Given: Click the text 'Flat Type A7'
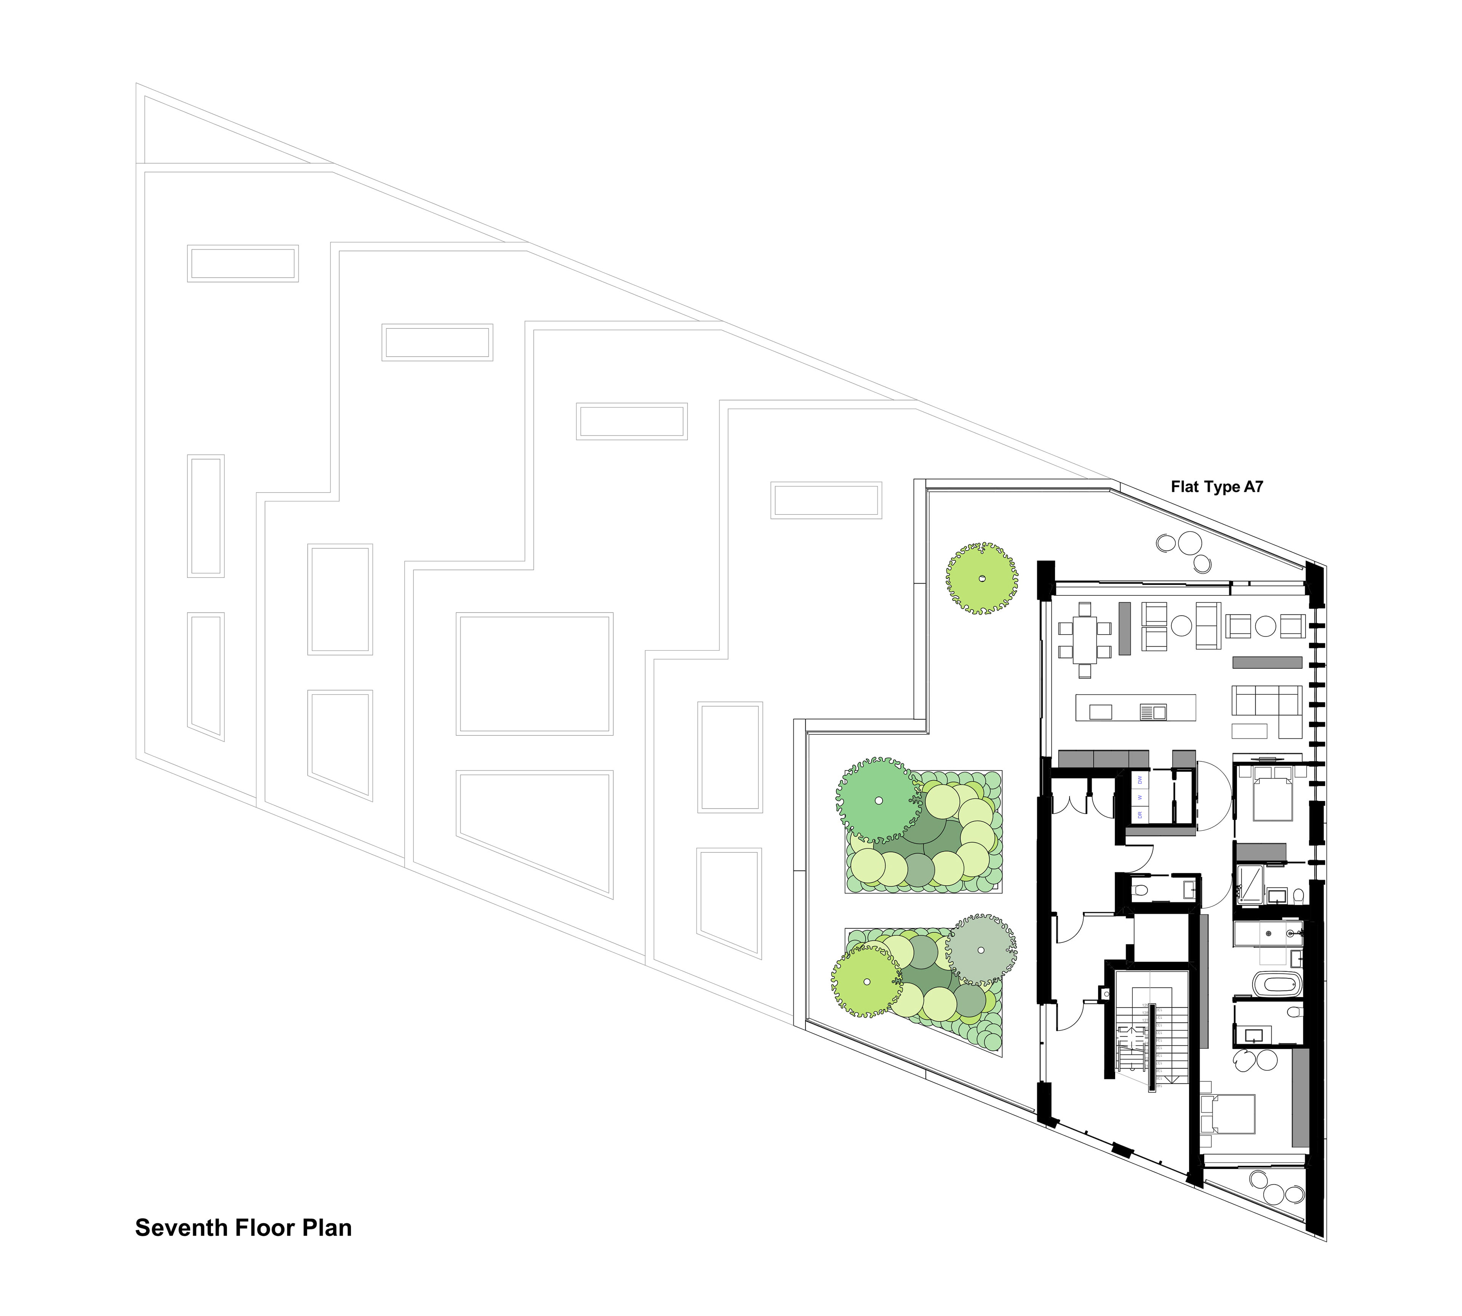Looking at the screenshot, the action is pyautogui.click(x=1217, y=487).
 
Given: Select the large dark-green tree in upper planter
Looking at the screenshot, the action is pyautogui.click(x=878, y=801).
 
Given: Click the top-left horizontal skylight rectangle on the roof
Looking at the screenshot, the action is pyautogui.click(x=242, y=263).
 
